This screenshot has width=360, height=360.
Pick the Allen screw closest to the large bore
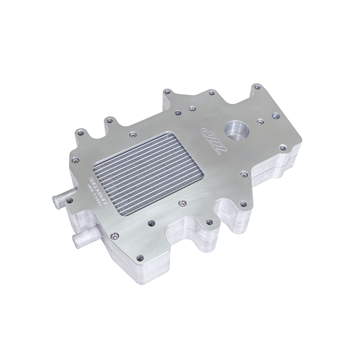(x=260, y=121)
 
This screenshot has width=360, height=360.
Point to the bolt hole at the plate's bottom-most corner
(x=140, y=258)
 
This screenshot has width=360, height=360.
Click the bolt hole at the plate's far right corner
(x=283, y=147)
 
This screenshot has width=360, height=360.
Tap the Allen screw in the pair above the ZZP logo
(x=192, y=108)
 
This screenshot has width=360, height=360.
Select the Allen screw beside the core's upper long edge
(x=132, y=134)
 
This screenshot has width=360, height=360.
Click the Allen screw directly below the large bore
(x=243, y=174)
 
